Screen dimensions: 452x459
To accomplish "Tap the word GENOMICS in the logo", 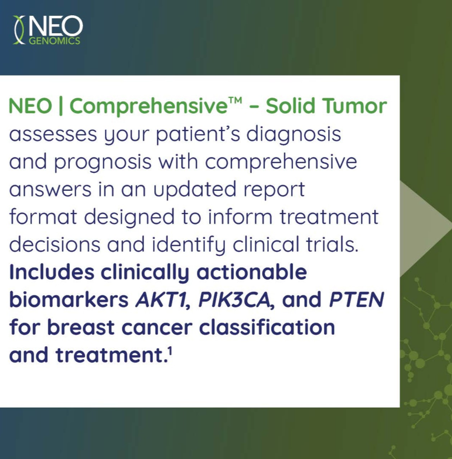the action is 55,41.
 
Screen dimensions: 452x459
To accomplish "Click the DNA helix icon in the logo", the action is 19,30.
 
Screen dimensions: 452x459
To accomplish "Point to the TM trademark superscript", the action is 235,100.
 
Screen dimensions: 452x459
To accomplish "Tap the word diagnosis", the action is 294,135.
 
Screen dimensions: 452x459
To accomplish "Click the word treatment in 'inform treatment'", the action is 329,217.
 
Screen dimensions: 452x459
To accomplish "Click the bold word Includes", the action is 52,272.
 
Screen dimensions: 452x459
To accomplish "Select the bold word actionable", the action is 252,272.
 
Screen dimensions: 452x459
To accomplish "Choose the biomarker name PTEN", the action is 357,300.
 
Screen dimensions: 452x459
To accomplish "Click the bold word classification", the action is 267,327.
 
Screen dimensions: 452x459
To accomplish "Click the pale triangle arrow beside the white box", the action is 422,228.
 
